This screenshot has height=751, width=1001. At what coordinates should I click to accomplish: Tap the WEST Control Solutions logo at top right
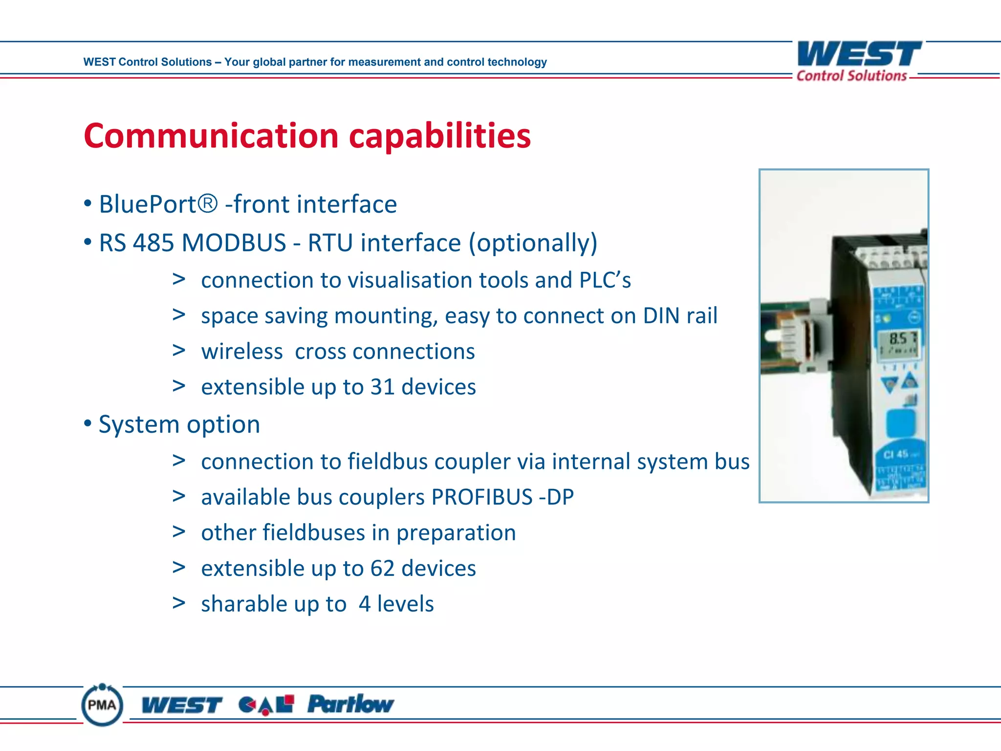pos(859,61)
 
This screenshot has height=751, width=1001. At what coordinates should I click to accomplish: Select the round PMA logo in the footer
pos(102,705)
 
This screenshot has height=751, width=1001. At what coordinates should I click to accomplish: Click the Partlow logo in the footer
pos(350,704)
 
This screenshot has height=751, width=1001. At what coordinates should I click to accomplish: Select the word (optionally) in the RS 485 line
pos(533,243)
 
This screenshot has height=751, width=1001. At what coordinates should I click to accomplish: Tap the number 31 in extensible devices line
pos(382,387)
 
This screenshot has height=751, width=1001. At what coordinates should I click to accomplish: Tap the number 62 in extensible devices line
pos(382,569)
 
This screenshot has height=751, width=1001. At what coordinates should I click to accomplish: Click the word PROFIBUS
pos(481,497)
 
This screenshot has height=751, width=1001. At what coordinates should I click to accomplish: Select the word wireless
pos(242,352)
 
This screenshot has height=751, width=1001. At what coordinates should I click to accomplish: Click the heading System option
pos(179,424)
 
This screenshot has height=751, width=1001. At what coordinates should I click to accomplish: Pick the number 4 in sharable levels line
pos(365,604)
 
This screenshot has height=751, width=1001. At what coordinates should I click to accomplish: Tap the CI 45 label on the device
pos(895,455)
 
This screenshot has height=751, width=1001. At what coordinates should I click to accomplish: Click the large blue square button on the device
pos(900,423)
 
